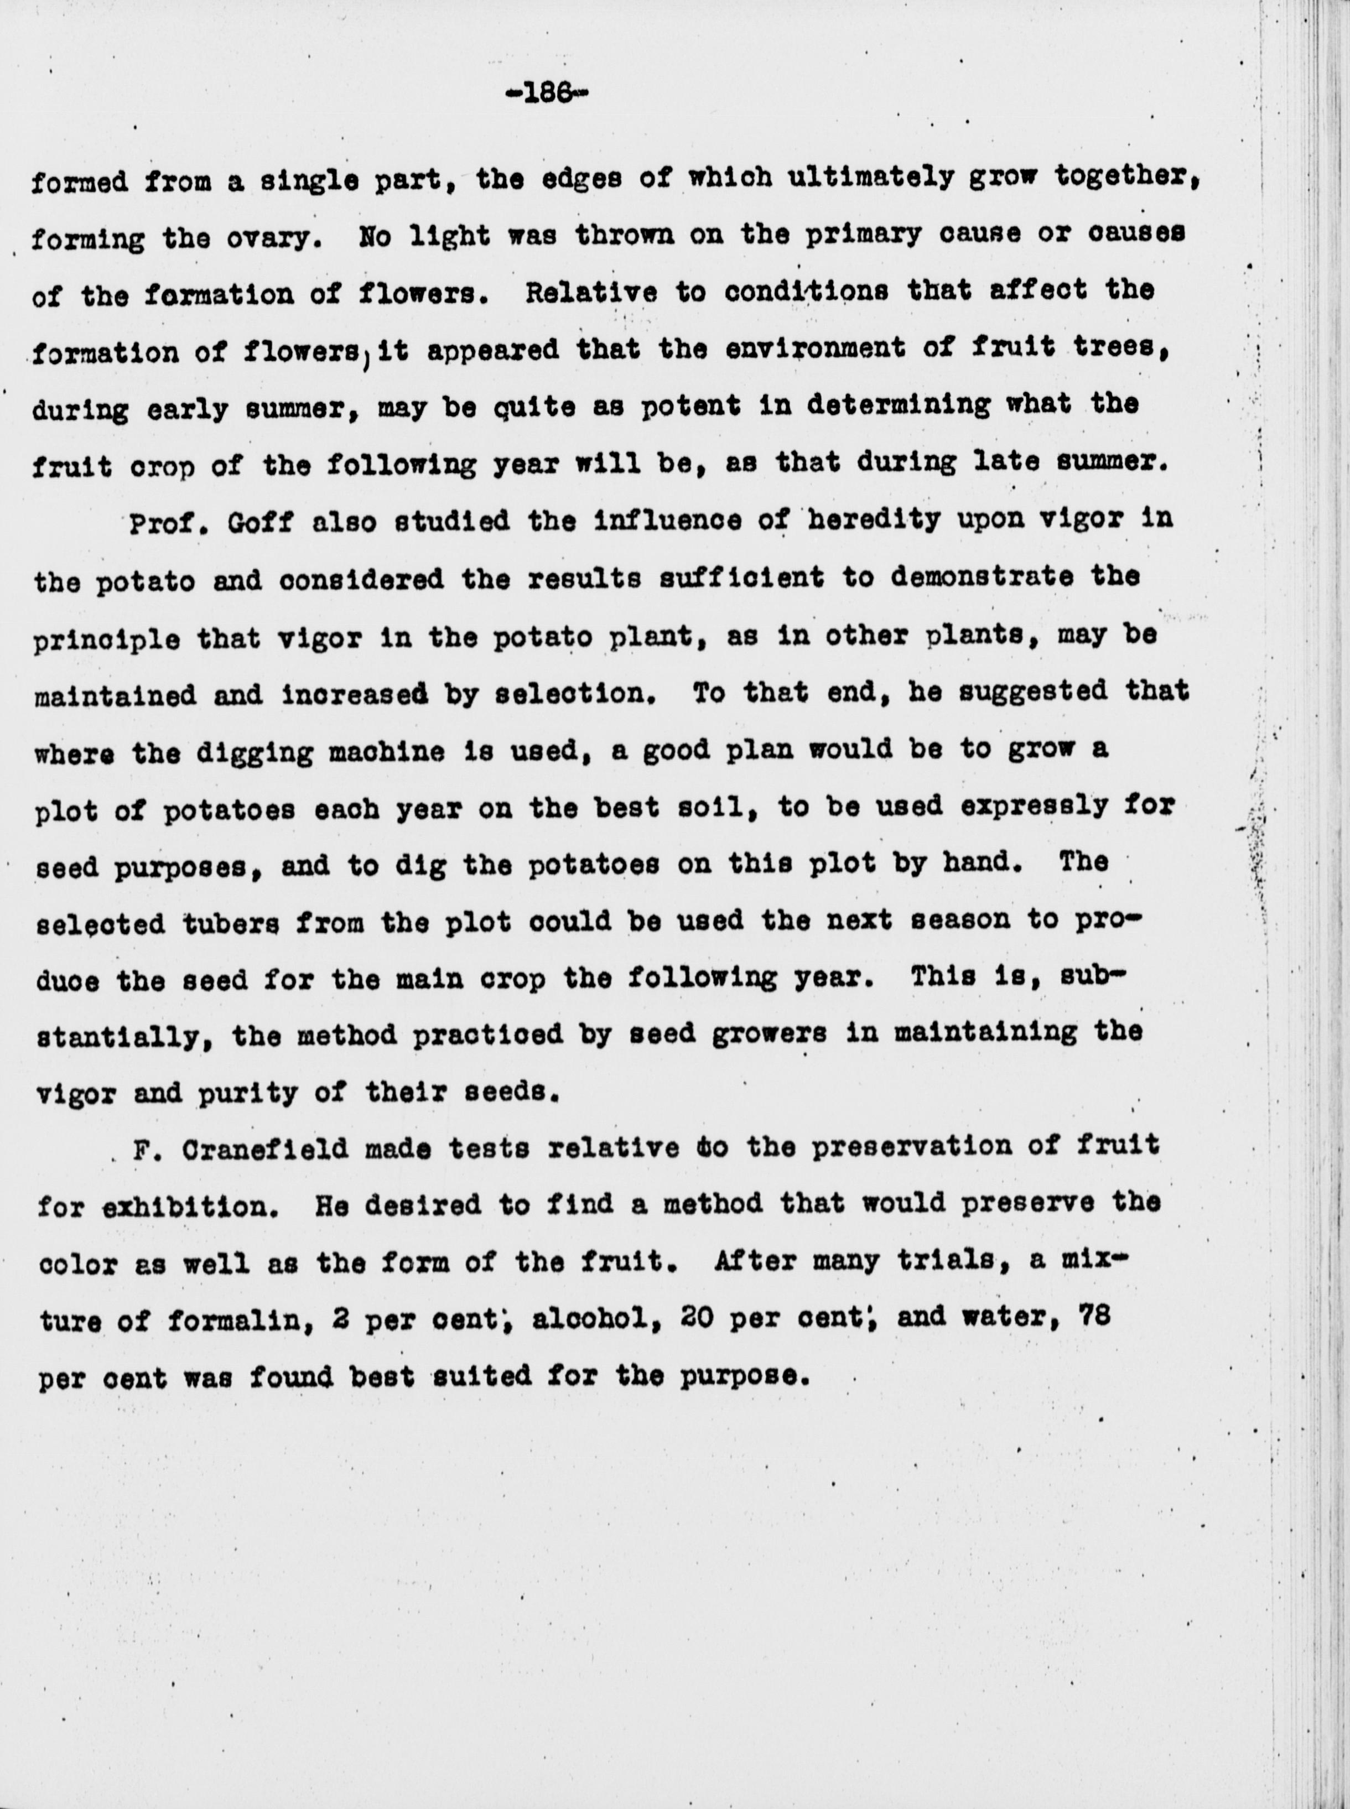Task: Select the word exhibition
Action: coord(195,1207)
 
